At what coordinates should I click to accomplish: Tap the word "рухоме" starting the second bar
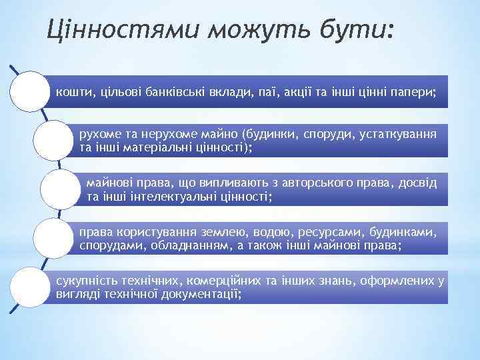point(99,133)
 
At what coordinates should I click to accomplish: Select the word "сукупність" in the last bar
point(84,281)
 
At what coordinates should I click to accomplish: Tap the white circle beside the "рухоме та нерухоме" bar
point(54,139)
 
